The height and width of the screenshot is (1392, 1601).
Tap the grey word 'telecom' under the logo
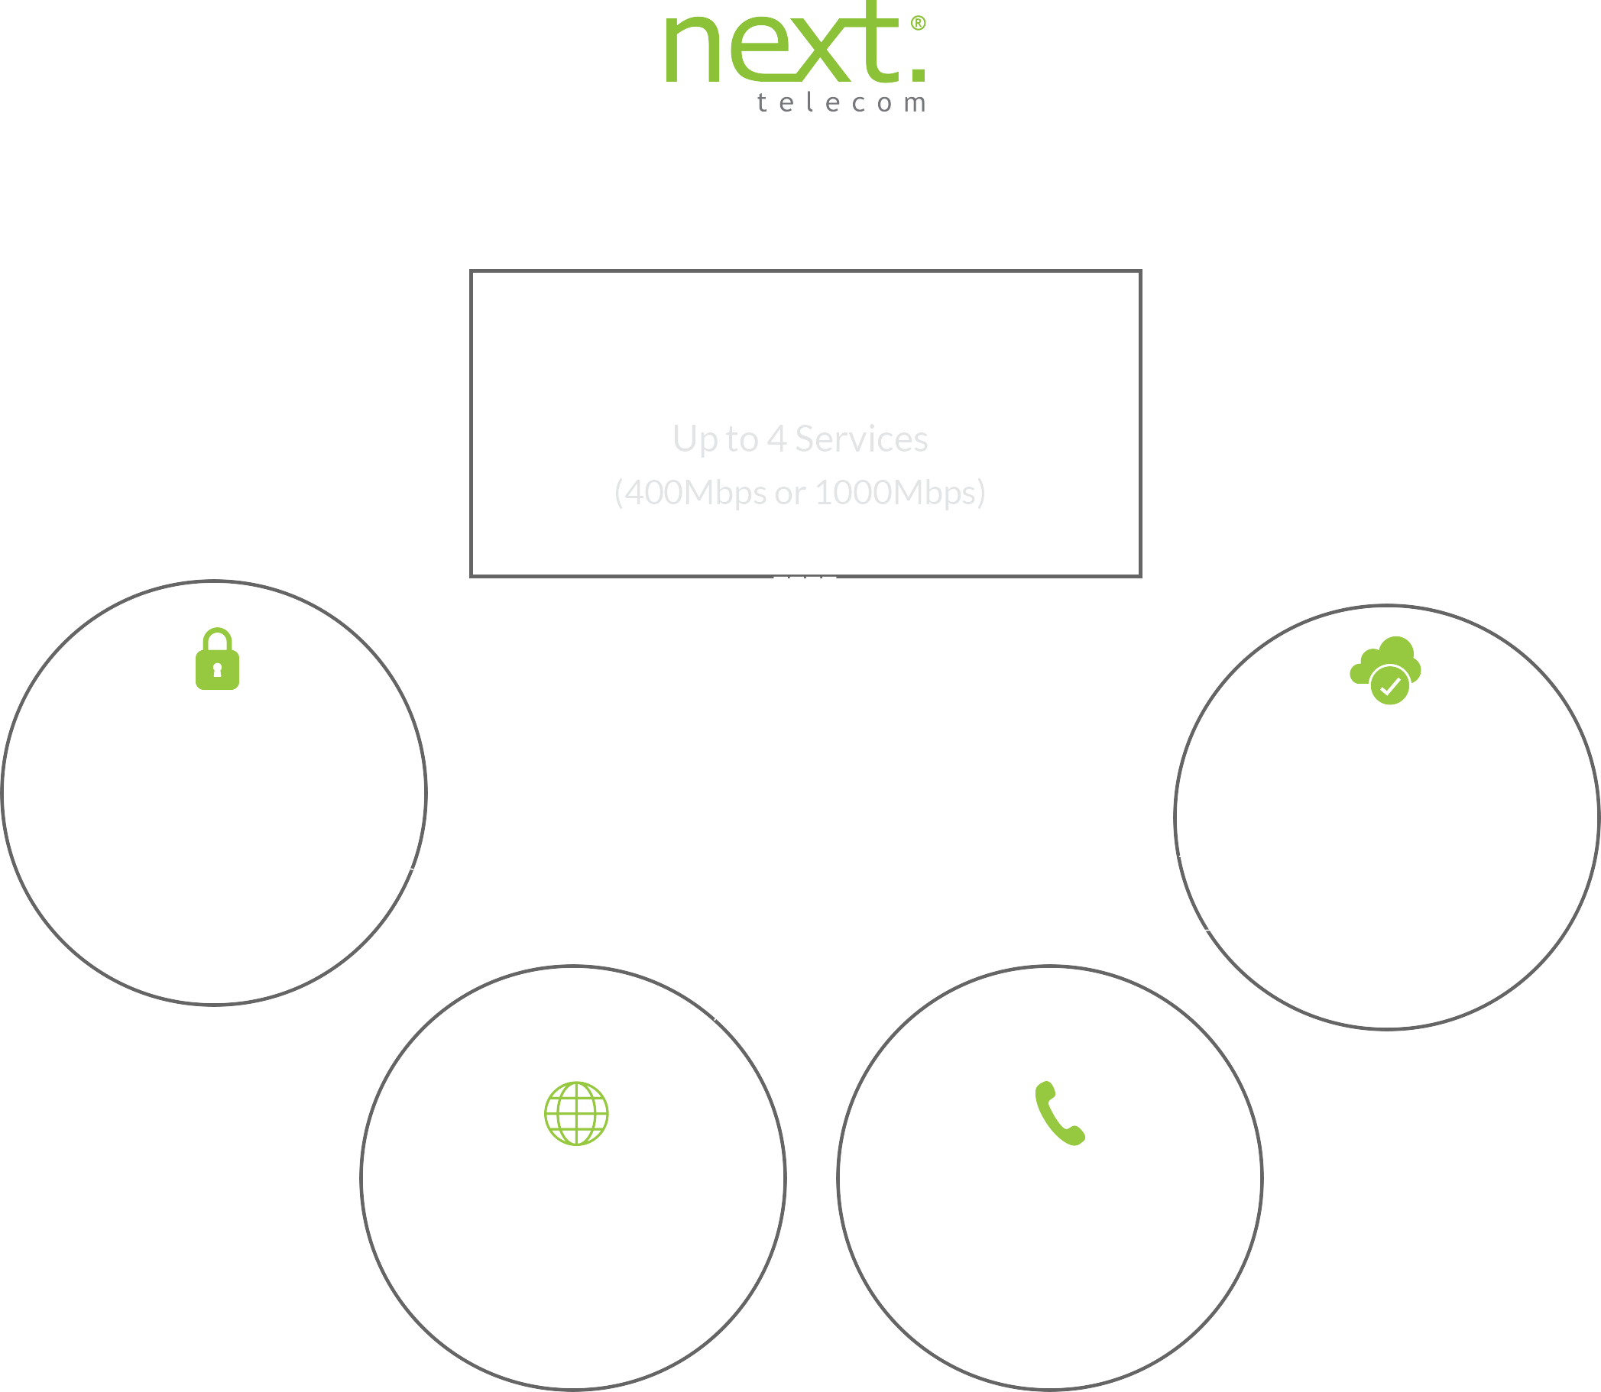click(x=841, y=102)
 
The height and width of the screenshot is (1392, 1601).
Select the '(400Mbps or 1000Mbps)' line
click(x=799, y=493)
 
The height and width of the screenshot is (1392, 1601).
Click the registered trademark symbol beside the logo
click(x=918, y=24)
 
